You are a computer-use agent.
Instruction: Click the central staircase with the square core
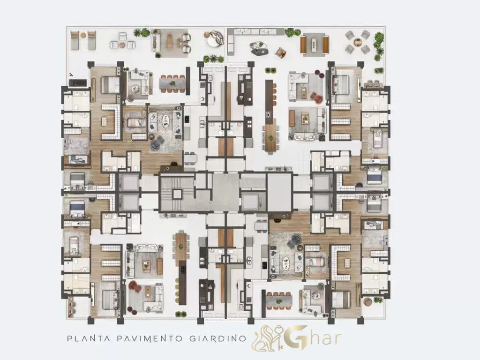tap(177, 194)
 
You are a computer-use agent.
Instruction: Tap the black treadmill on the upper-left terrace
tap(78, 82)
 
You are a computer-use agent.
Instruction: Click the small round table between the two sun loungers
tap(83, 35)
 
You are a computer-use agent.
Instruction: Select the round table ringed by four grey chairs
tap(358, 42)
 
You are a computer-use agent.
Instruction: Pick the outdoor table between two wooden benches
tap(315, 45)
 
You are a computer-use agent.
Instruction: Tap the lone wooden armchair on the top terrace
tap(281, 53)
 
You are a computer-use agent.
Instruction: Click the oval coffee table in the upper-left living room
tap(165, 120)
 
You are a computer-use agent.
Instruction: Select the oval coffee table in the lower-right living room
tap(286, 263)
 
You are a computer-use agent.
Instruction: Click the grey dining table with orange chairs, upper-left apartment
tap(172, 83)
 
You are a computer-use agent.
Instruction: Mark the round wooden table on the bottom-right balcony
tap(367, 301)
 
